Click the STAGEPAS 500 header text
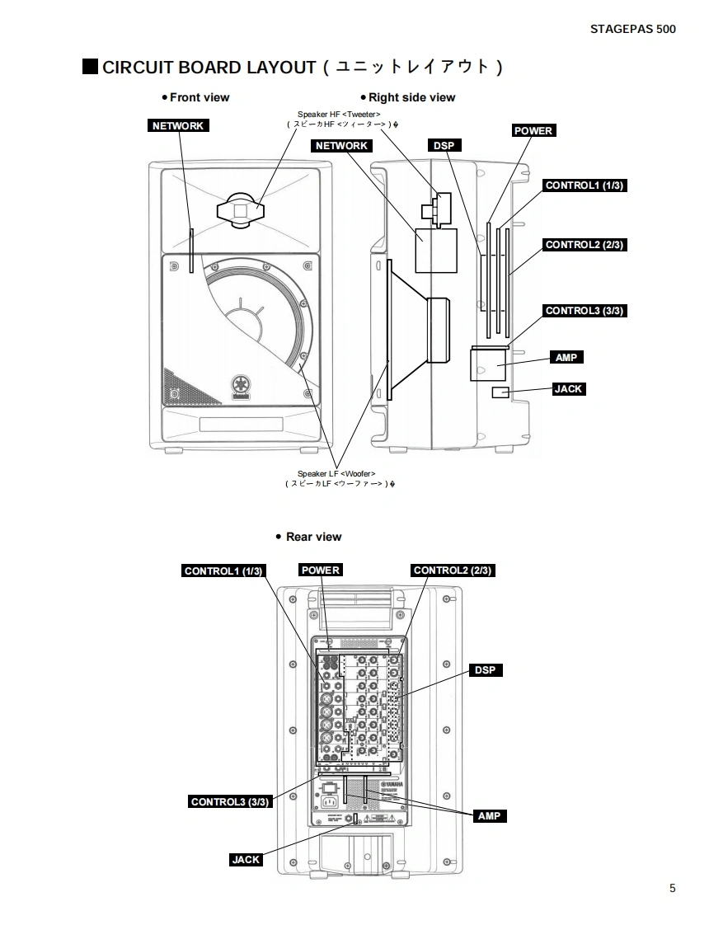point(632,29)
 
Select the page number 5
point(672,888)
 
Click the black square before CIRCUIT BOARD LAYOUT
point(90,66)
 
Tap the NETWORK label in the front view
point(178,125)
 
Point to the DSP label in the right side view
point(444,146)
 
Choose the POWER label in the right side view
point(533,130)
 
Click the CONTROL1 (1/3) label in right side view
point(585,185)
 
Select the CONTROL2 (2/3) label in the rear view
point(453,570)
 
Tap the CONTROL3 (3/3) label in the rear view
point(230,801)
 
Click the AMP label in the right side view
point(566,358)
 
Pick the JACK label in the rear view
point(246,860)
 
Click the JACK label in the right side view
point(568,389)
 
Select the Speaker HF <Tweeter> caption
point(338,115)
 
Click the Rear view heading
point(312,537)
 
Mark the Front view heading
point(199,97)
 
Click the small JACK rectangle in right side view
point(500,392)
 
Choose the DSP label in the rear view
point(485,670)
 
